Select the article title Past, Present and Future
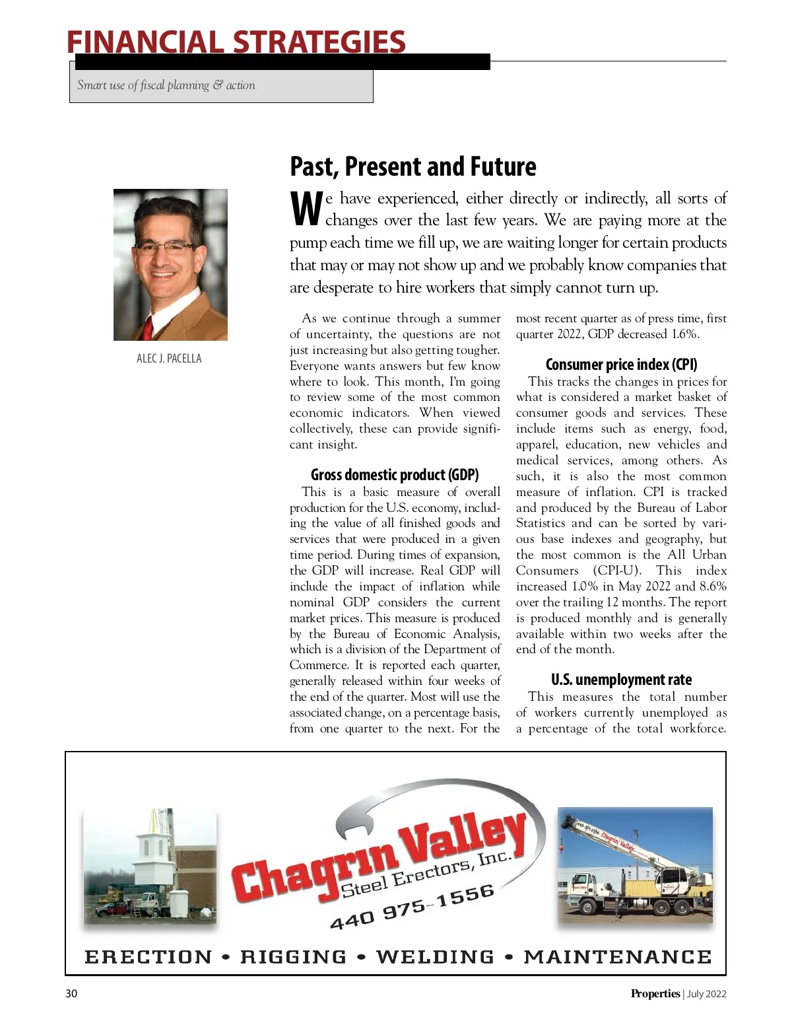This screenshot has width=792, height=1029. tap(412, 166)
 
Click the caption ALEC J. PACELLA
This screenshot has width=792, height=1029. tap(169, 359)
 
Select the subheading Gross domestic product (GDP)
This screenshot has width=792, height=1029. tap(395, 475)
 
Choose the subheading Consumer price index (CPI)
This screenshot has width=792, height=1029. tap(621, 365)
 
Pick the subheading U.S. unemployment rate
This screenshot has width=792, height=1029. tap(621, 680)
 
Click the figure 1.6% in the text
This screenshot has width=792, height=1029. tap(684, 334)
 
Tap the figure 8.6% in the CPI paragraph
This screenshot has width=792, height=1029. tap(713, 586)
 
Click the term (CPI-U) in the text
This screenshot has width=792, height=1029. tap(616, 571)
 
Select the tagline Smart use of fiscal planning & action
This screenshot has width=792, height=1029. tap(166, 85)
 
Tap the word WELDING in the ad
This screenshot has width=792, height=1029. tap(435, 957)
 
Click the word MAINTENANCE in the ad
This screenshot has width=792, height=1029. tap(618, 957)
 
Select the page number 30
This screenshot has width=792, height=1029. tap(71, 994)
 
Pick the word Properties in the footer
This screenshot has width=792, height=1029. tap(655, 994)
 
